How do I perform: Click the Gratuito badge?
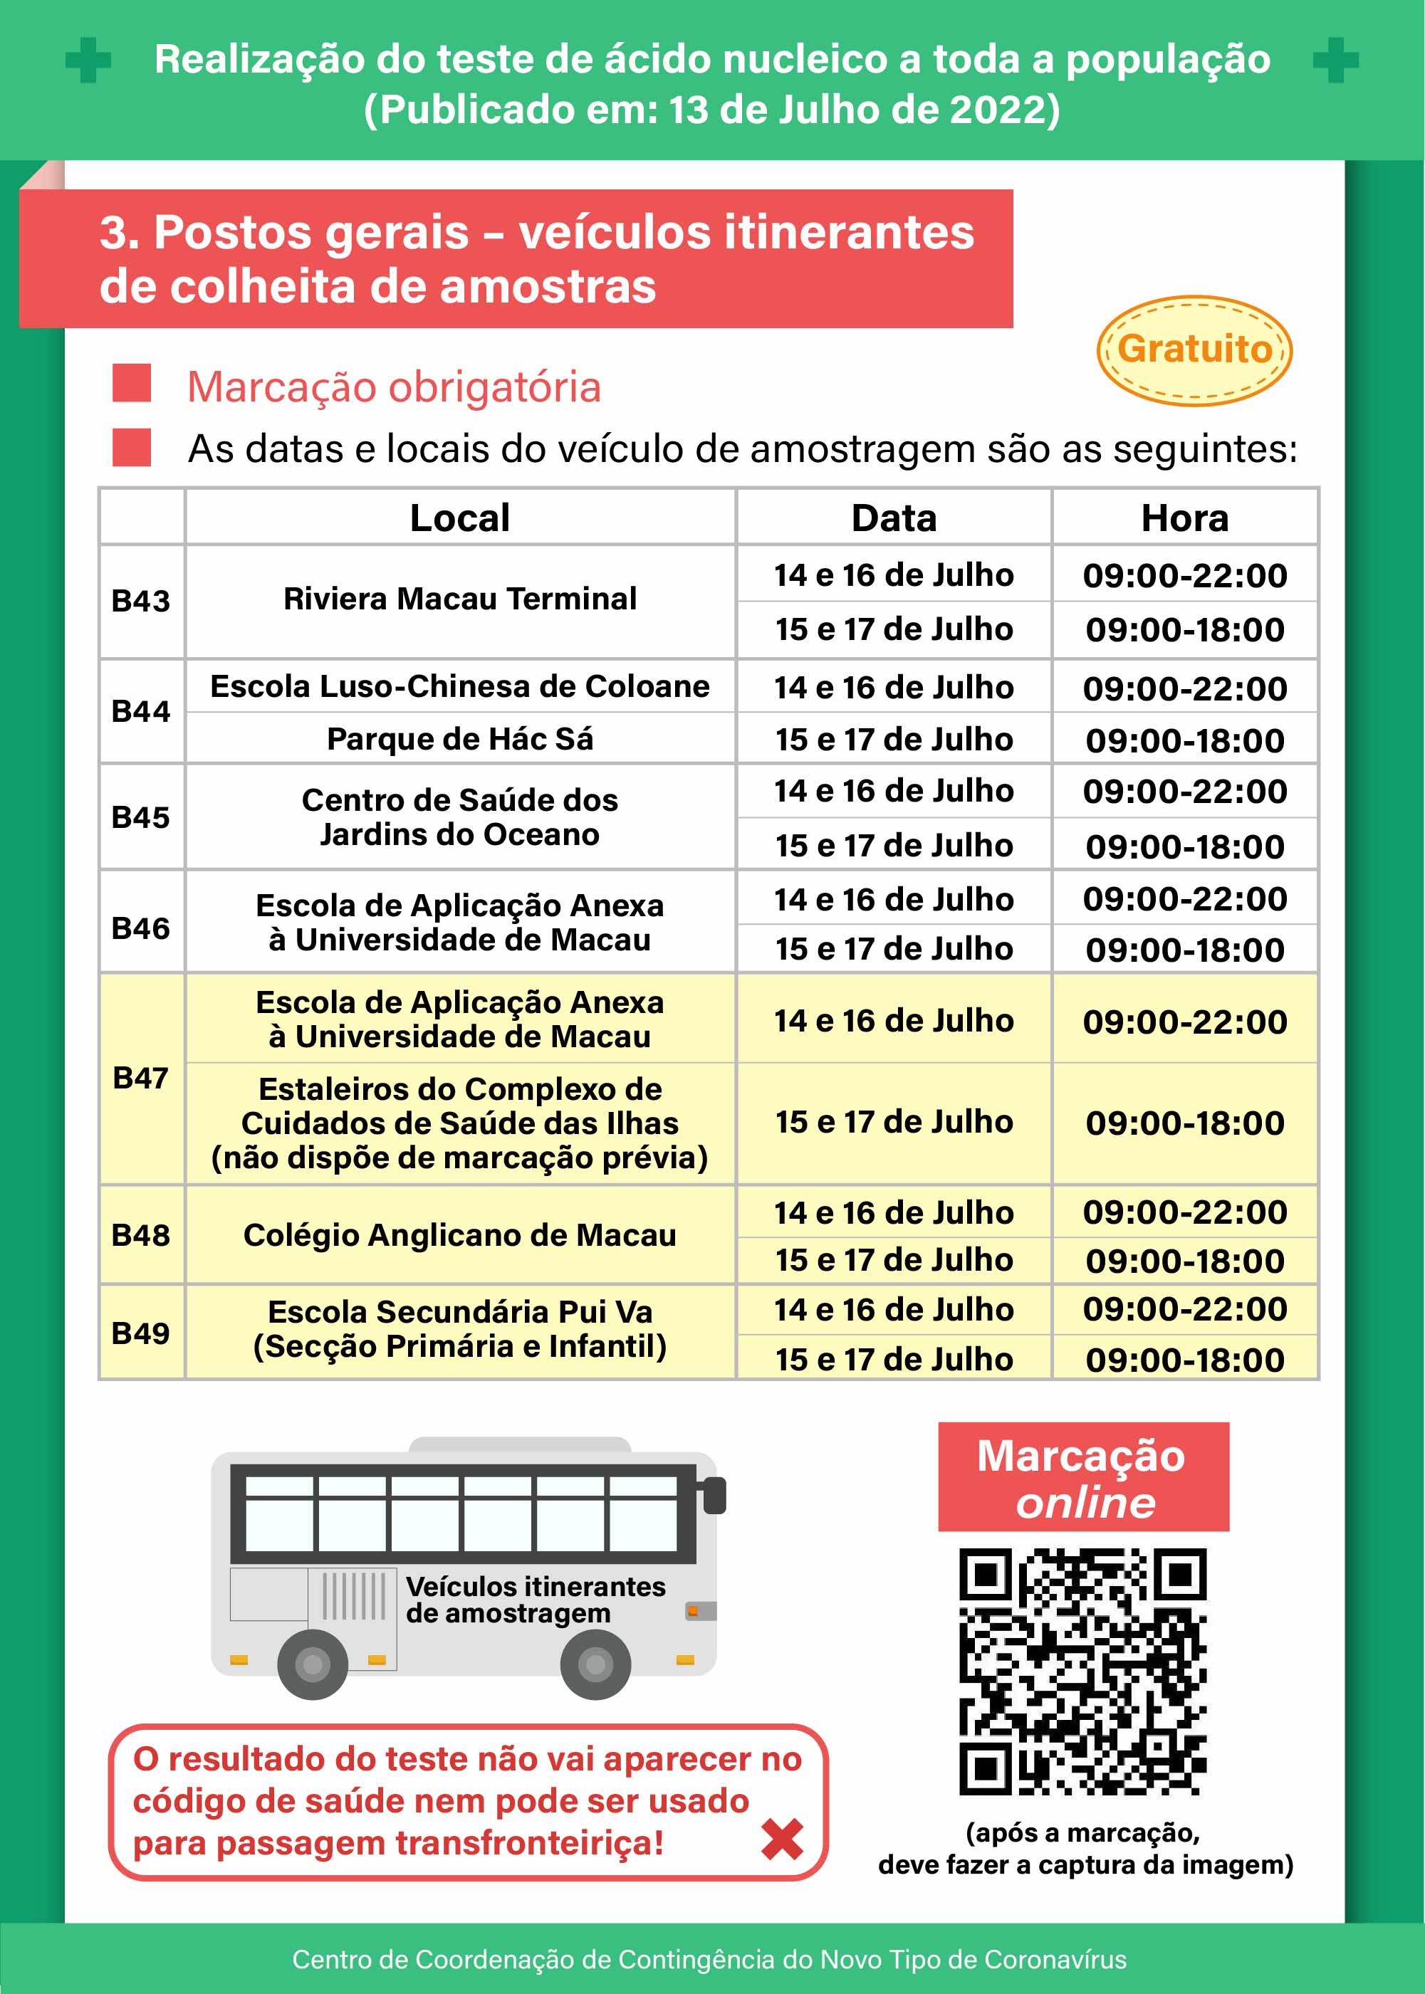click(1194, 350)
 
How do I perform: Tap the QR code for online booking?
click(1082, 1672)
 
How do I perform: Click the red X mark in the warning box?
click(782, 1840)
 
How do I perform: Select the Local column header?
click(460, 518)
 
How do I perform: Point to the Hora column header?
click(1184, 518)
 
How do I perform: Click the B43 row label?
click(140, 601)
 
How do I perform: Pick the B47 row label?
click(140, 1077)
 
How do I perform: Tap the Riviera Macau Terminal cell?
click(460, 599)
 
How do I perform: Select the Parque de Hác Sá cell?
click(460, 739)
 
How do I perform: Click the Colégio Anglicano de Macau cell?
click(460, 1235)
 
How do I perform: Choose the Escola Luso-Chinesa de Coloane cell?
click(460, 686)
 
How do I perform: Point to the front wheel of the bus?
click(595, 1663)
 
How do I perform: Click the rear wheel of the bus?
click(313, 1663)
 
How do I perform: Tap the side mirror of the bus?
click(715, 1496)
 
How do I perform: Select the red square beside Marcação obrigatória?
click(132, 384)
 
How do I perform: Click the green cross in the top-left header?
click(88, 61)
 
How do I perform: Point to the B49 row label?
click(140, 1333)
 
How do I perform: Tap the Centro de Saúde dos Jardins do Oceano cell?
click(460, 817)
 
